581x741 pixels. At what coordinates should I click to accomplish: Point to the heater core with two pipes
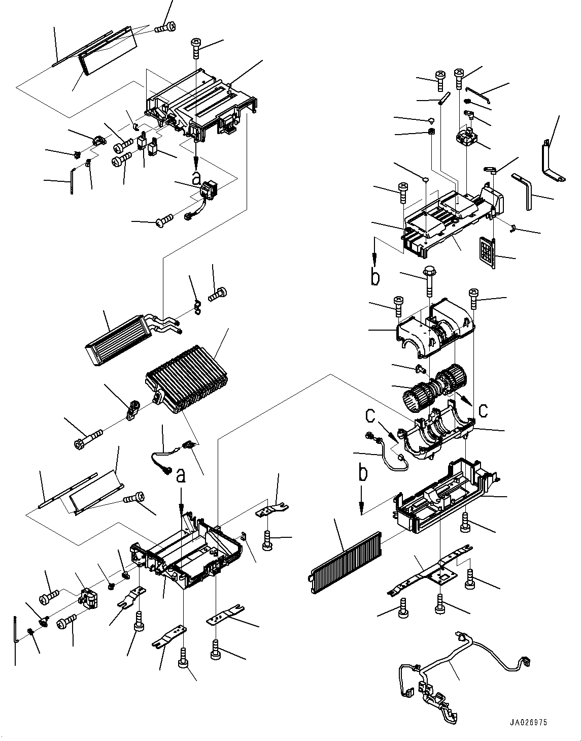(x=133, y=337)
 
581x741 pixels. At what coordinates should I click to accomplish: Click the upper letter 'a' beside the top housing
(x=196, y=178)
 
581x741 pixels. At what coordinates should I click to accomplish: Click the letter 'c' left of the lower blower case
(x=370, y=415)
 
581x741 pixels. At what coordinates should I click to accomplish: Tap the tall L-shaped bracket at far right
(x=552, y=163)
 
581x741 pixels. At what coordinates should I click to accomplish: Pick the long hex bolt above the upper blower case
(x=428, y=282)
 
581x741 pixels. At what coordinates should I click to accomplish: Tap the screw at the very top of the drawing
(x=165, y=27)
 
